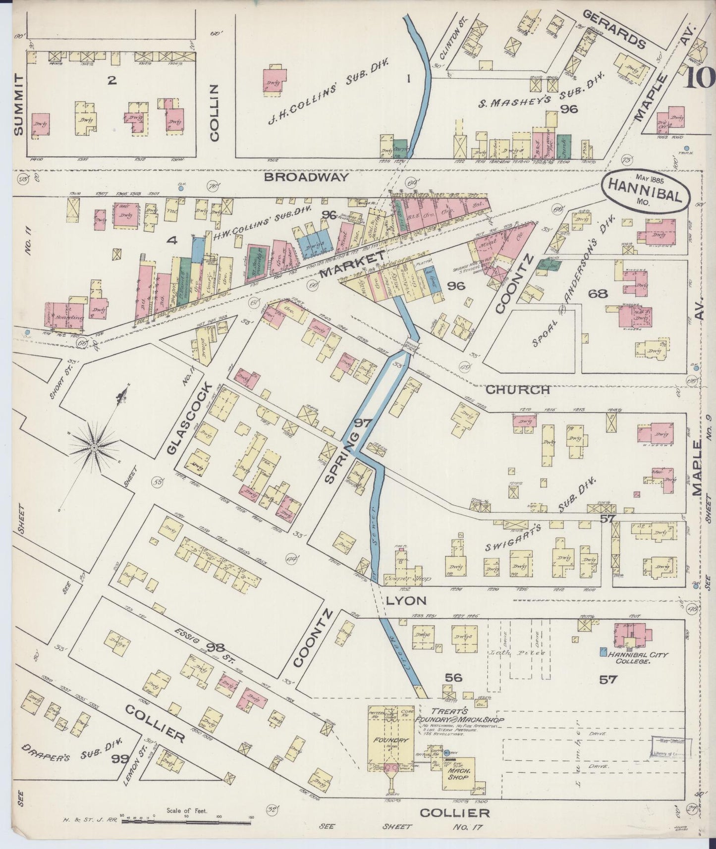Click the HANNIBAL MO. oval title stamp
[x=646, y=190]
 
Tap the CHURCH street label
[x=517, y=389]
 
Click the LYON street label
[x=406, y=601]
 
